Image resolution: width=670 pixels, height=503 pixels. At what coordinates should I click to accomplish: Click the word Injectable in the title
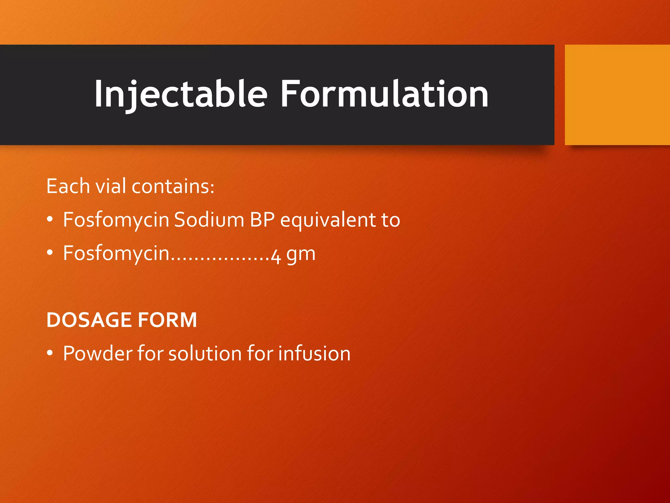pos(181,94)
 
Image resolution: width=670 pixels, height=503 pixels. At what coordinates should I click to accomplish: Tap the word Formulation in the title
pos(384,94)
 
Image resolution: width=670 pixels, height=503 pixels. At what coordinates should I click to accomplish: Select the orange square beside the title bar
pos(617,95)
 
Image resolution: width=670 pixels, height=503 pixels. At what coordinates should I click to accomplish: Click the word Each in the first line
pos(68,186)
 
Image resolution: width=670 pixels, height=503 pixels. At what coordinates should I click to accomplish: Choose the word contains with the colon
pos(173,186)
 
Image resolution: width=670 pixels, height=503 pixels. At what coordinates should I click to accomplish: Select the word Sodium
pos(209,220)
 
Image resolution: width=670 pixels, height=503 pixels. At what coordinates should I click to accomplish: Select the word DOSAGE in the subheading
pos(89,320)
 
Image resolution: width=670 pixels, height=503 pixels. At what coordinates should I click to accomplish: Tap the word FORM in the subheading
pos(167,320)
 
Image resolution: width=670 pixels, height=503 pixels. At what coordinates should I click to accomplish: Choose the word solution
pos(205,354)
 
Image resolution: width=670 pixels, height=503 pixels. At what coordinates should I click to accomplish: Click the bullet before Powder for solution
pos(50,353)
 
